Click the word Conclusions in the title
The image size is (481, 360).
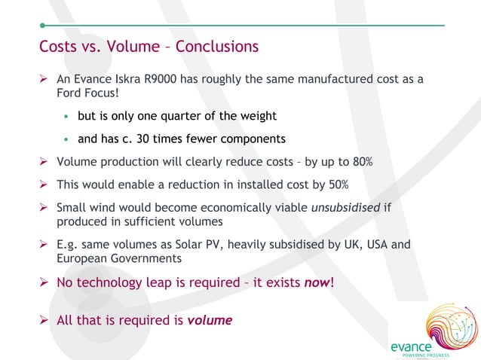click(x=217, y=47)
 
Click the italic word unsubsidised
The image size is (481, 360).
click(x=345, y=208)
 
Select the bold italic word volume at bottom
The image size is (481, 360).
click(x=210, y=320)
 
